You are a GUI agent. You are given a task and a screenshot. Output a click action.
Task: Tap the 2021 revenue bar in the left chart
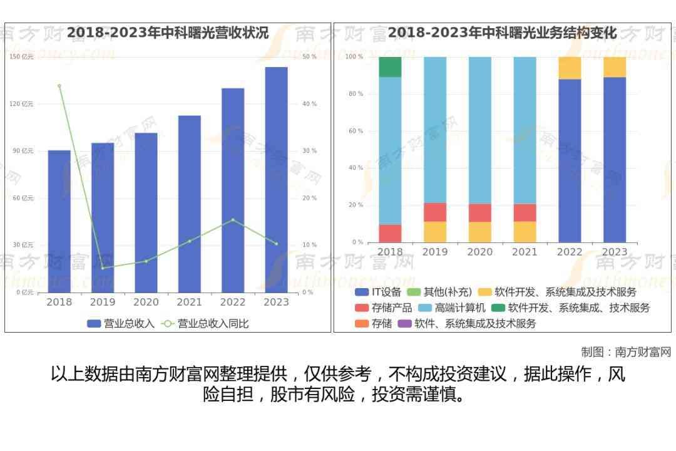(x=189, y=204)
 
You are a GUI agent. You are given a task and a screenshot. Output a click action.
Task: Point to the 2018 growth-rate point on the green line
(x=59, y=86)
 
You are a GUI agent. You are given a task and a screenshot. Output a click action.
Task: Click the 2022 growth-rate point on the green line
(x=233, y=220)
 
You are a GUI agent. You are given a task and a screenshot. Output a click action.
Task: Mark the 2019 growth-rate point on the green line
(x=103, y=268)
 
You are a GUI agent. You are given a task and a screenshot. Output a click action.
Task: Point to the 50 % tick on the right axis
(x=309, y=57)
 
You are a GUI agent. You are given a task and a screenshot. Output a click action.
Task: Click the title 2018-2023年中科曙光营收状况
(x=168, y=33)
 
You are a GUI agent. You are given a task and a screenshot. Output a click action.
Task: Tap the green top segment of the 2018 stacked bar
(x=390, y=67)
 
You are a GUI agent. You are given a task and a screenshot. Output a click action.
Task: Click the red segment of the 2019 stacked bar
(x=435, y=212)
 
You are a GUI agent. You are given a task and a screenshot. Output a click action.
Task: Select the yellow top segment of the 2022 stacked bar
(x=570, y=68)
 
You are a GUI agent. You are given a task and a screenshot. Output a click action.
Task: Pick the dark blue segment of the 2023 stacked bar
(x=615, y=160)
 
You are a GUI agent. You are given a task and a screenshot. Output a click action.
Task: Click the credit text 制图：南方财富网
(x=625, y=352)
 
